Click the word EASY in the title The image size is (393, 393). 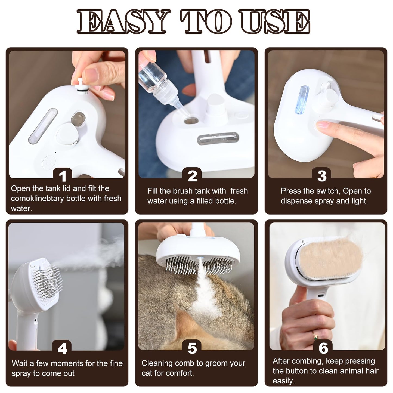click(121, 22)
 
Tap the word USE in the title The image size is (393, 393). click(275, 22)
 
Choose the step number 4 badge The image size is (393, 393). click(62, 348)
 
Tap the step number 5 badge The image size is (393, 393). click(192, 348)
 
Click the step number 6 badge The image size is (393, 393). click(323, 348)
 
